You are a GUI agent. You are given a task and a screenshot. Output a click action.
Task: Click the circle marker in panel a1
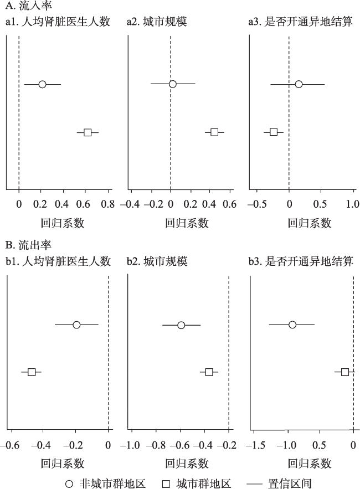click(x=43, y=84)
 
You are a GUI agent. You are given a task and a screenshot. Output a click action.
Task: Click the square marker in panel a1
click(x=88, y=132)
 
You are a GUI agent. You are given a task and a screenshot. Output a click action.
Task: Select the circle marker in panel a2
click(x=172, y=84)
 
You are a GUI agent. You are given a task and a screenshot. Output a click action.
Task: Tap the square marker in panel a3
click(x=274, y=132)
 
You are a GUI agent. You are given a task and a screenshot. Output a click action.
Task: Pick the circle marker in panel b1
click(x=76, y=325)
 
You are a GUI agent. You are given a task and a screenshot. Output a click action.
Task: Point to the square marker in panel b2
click(x=209, y=372)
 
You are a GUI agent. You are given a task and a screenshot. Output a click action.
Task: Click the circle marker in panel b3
click(x=292, y=325)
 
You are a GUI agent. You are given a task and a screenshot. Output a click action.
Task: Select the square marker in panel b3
click(x=344, y=372)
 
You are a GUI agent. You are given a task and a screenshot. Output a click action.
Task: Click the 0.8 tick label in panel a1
click(x=108, y=204)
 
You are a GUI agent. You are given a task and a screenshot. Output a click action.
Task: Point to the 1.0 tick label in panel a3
click(x=353, y=204)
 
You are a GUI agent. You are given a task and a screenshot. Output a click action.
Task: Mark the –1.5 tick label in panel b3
click(x=255, y=445)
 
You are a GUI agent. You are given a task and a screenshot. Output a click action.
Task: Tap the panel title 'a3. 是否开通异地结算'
click(x=301, y=22)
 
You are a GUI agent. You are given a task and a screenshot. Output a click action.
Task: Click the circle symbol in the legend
click(x=69, y=483)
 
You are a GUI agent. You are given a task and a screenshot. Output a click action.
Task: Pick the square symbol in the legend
click(x=166, y=483)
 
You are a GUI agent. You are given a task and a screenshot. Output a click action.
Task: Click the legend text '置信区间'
click(x=290, y=483)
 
